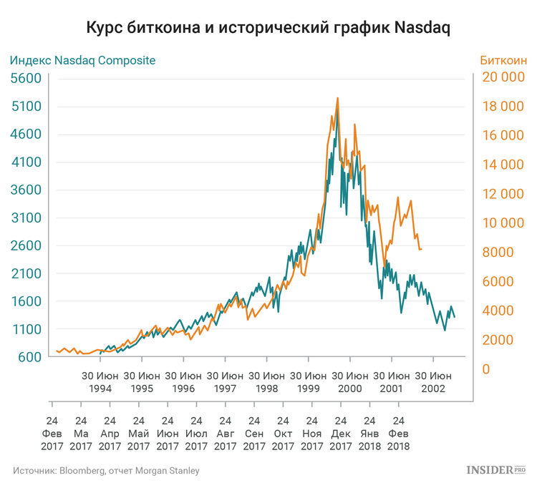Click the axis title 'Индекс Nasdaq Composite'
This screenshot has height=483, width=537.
click(82, 60)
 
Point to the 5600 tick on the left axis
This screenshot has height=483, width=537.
click(26, 79)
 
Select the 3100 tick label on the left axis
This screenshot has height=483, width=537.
click(26, 218)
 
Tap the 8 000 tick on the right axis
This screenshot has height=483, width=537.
click(506, 253)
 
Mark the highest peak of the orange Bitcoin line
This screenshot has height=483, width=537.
click(337, 98)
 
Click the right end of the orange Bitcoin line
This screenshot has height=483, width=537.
click(421, 249)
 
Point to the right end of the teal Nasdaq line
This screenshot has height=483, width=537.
click(455, 317)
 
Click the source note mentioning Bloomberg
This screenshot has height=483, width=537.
click(105, 470)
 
